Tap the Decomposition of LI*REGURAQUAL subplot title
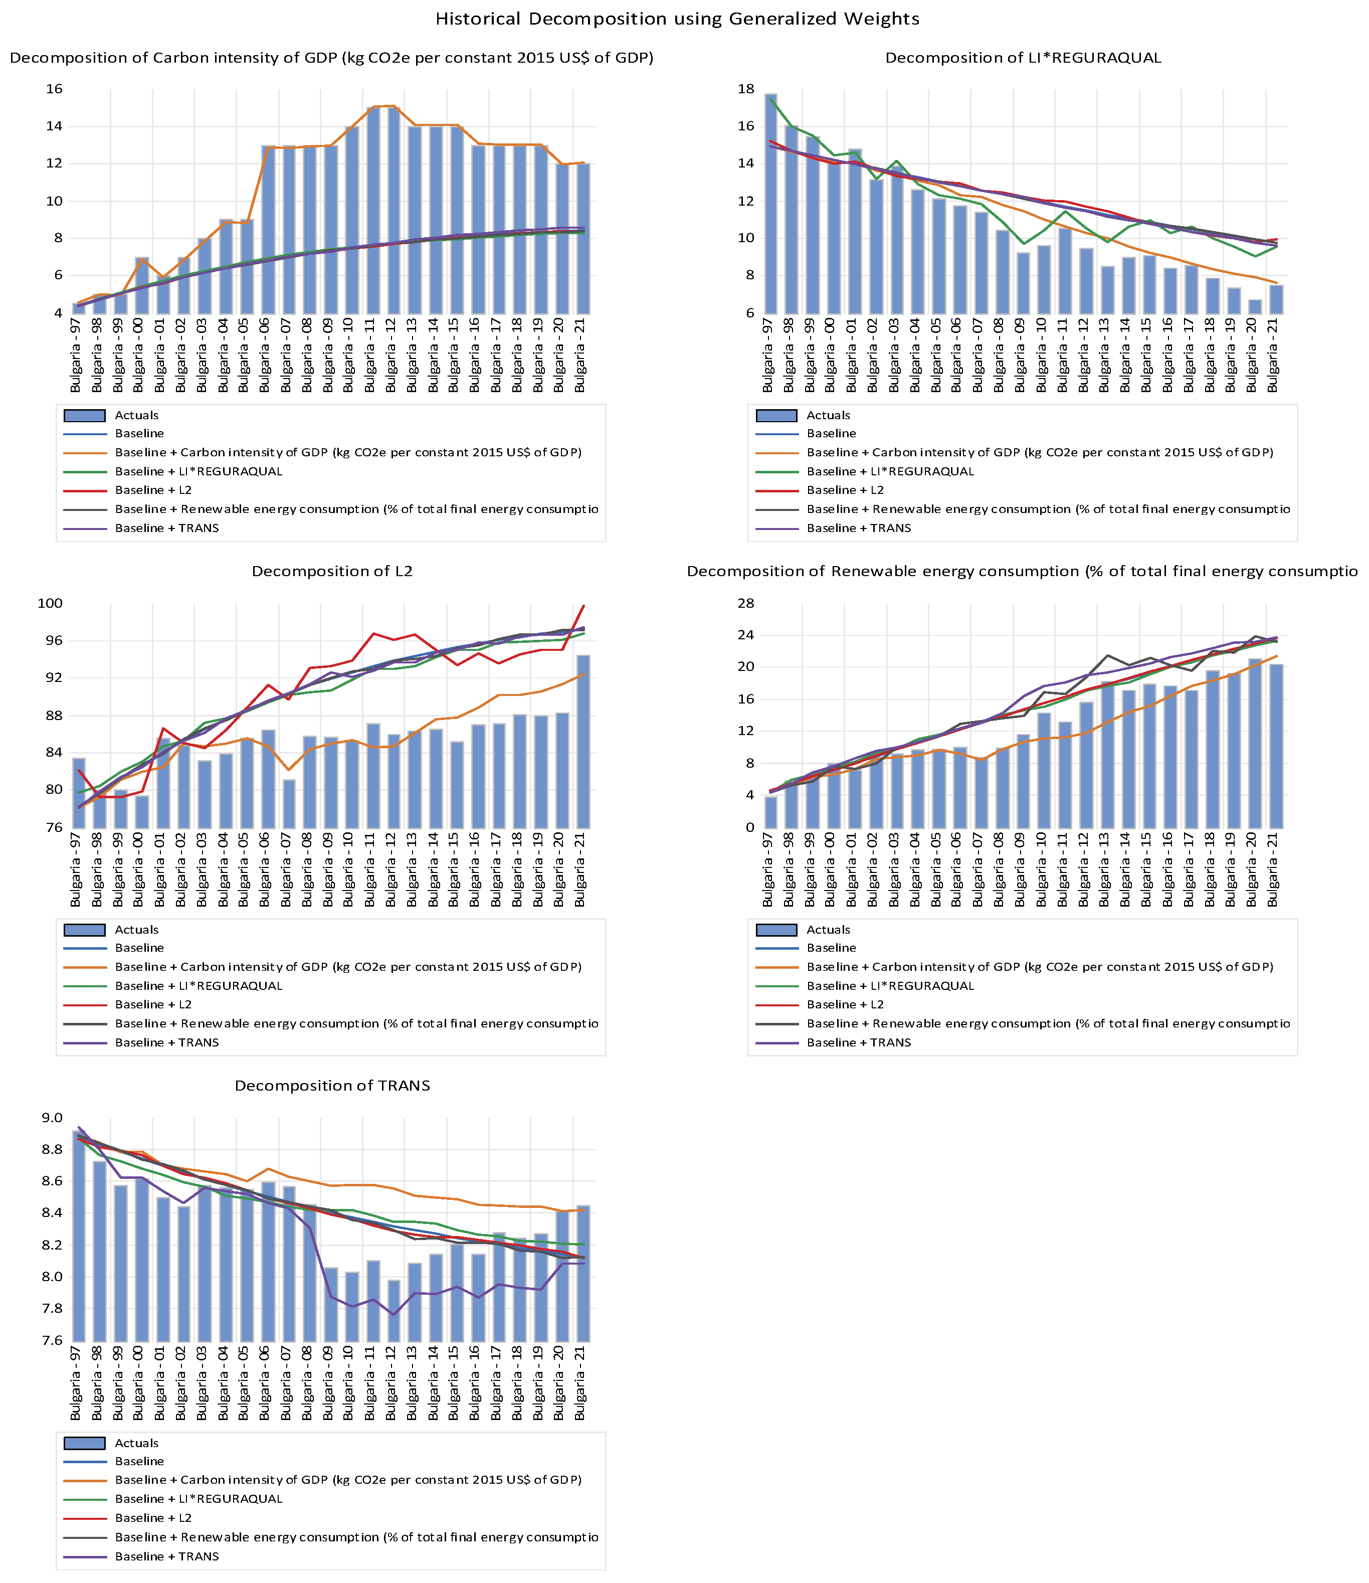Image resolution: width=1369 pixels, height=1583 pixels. click(1023, 58)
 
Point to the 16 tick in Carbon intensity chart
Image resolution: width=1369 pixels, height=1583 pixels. click(54, 89)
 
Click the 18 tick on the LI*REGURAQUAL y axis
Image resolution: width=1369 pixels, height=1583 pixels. click(745, 89)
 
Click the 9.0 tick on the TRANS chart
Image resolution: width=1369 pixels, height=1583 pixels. click(52, 1118)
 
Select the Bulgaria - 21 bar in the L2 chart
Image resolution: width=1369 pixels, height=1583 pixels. click(583, 741)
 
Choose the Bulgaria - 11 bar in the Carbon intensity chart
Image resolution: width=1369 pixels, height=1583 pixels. click(372, 210)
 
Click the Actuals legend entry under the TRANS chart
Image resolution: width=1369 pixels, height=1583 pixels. click(136, 1443)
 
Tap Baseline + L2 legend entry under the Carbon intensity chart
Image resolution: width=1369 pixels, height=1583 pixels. click(153, 490)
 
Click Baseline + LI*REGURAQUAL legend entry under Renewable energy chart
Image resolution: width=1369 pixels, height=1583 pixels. click(890, 986)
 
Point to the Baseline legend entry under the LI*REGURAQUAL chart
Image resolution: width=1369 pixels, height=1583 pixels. click(831, 434)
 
